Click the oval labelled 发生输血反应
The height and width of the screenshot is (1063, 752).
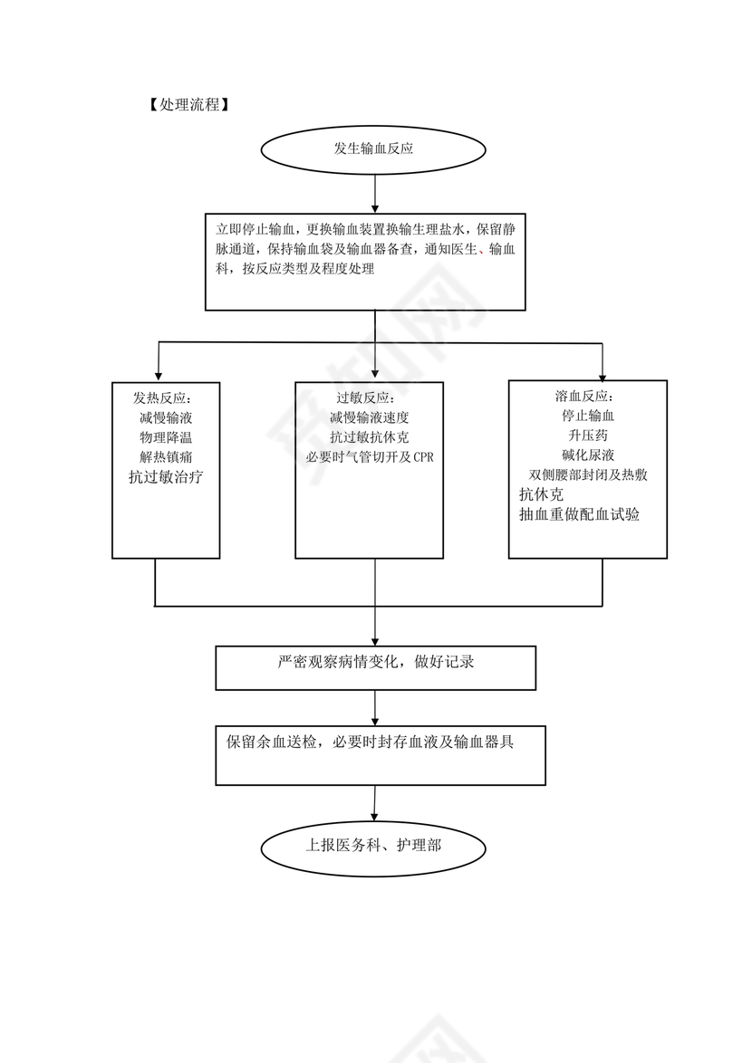(x=373, y=149)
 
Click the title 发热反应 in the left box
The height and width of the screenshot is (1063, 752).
(x=163, y=398)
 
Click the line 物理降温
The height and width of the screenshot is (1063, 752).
(x=165, y=437)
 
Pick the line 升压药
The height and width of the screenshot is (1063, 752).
(x=586, y=436)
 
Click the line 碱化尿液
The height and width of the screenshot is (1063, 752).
(x=586, y=455)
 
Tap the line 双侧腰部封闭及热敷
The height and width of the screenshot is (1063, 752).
(x=586, y=475)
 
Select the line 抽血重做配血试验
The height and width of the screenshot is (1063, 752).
(x=579, y=515)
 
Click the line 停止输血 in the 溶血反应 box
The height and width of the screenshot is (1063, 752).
(x=587, y=417)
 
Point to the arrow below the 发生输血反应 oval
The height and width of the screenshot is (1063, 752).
(x=374, y=195)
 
